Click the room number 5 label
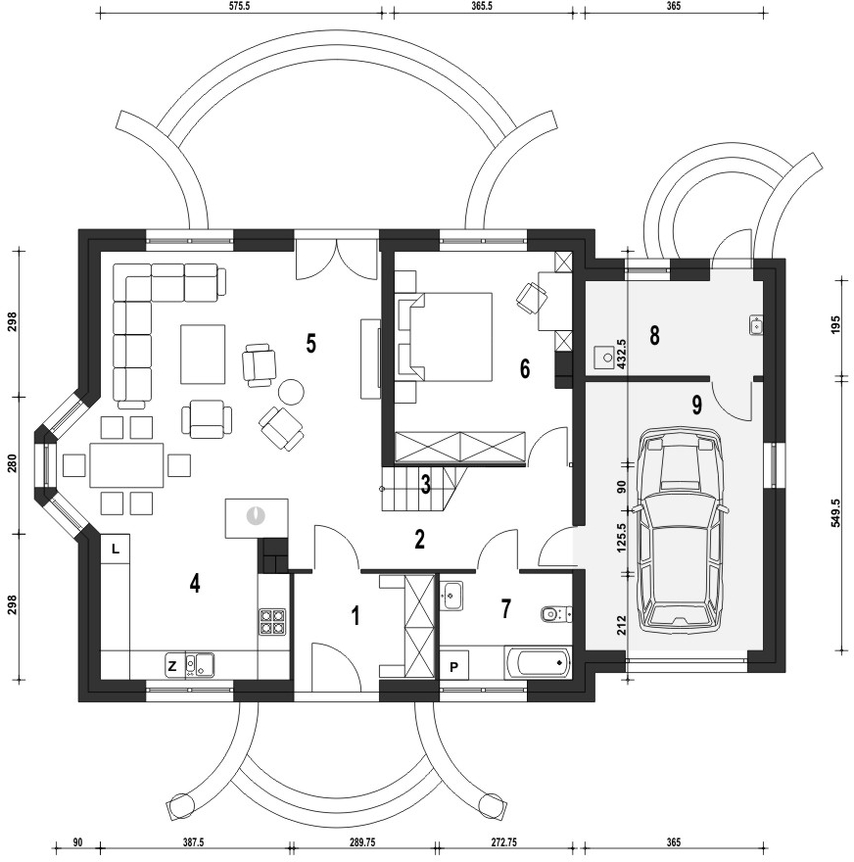[x=311, y=344]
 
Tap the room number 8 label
[x=654, y=335]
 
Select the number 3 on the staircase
[x=425, y=485]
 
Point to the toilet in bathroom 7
[x=554, y=615]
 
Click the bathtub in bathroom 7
[x=539, y=663]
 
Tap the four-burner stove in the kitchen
[x=272, y=623]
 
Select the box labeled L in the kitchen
[x=116, y=549]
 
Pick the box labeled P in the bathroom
[x=454, y=666]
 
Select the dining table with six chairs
[x=126, y=464]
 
